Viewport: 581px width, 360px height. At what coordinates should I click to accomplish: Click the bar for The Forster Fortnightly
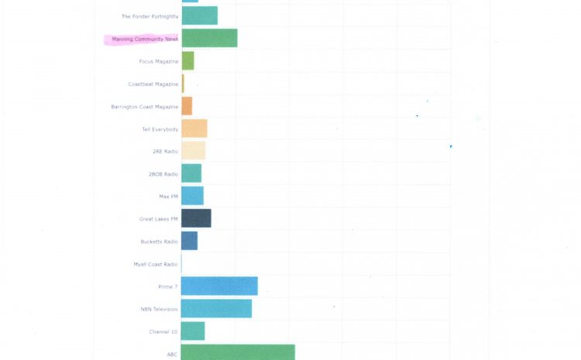coord(199,15)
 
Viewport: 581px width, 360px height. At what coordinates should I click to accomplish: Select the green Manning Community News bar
coord(209,38)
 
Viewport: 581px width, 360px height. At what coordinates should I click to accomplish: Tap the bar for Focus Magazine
coord(187,61)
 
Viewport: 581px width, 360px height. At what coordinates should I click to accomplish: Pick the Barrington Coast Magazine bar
coord(187,106)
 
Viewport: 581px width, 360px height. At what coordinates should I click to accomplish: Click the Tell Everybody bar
coord(194,129)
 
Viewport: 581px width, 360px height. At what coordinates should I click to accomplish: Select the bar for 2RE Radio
coord(194,151)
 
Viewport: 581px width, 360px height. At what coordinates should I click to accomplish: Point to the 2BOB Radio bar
coord(191,173)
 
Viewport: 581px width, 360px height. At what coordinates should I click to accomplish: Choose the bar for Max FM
coord(192,196)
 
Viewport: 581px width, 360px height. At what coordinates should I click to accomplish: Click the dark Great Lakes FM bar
coord(196,218)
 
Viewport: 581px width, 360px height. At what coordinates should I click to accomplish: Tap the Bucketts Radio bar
coord(189,241)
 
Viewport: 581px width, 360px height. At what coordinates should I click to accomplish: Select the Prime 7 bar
coord(219,286)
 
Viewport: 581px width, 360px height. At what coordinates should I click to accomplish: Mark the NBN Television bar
coord(216,309)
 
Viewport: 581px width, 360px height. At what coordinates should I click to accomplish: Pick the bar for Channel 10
coord(193,331)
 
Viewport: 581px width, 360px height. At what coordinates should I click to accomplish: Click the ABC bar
coord(238,353)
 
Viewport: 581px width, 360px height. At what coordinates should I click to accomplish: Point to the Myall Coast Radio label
coord(156,264)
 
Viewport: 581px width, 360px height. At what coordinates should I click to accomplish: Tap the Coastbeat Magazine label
coord(153,84)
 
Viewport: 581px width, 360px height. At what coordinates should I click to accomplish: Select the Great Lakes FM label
coord(159,219)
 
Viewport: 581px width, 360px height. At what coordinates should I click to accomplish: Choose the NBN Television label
coord(159,309)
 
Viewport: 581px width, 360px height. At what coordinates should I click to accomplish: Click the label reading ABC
coord(172,354)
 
